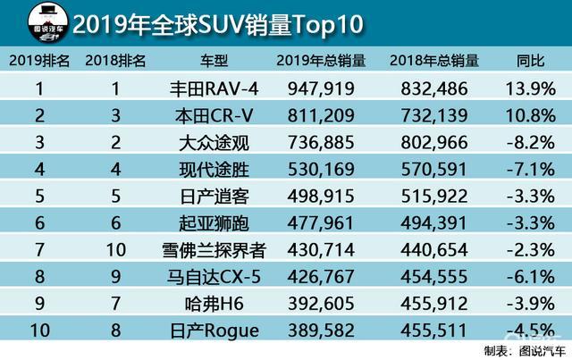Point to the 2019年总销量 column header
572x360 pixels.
[x=321, y=61]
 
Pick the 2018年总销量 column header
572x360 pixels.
[x=434, y=61]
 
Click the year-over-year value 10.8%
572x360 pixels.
[x=532, y=115]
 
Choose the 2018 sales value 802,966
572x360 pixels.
[x=434, y=142]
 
